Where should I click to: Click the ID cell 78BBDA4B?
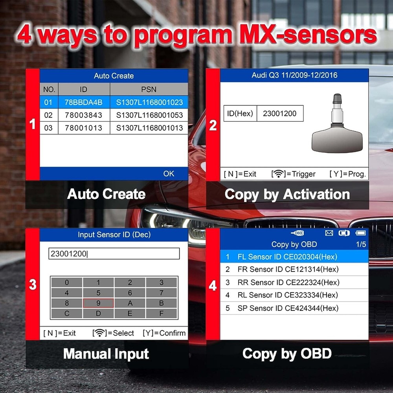click(84, 103)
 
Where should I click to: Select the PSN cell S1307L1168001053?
click(149, 115)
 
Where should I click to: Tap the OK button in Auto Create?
click(169, 173)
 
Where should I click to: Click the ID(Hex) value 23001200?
click(280, 114)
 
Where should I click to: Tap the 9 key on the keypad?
click(98, 303)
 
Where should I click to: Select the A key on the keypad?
click(130, 303)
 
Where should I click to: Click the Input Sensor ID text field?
click(114, 254)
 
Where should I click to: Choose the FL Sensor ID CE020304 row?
click(294, 257)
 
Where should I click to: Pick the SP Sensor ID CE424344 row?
click(294, 308)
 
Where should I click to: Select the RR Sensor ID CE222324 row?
click(294, 282)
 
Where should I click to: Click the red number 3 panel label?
click(33, 285)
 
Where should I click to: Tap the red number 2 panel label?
click(213, 125)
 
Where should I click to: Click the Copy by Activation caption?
click(287, 195)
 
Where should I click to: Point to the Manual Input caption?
click(106, 354)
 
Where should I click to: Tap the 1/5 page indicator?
click(361, 244)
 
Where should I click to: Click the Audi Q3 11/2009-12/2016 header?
click(294, 75)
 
